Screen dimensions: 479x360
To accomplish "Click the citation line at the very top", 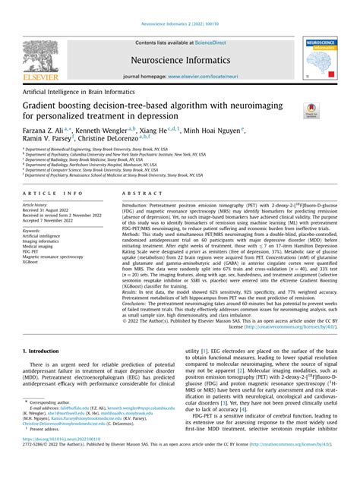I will point(179,6).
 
